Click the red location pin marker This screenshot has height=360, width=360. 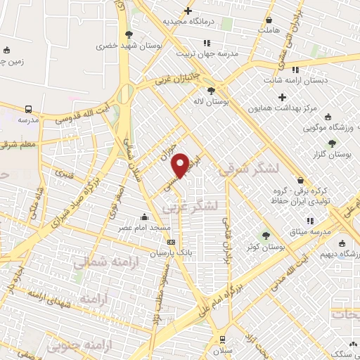pyautogui.click(x=181, y=165)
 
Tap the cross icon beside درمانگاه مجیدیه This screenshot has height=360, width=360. pyautogui.click(x=188, y=11)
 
